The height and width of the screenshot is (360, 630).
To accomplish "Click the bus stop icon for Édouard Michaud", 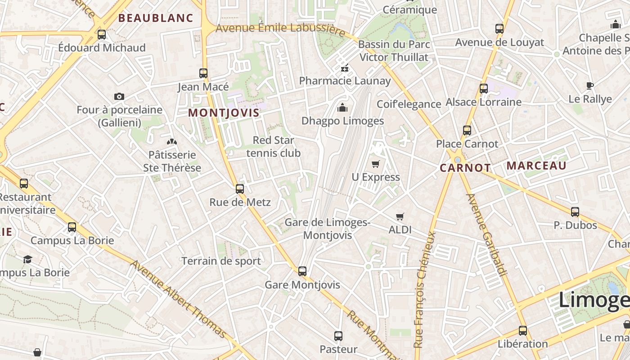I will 102,34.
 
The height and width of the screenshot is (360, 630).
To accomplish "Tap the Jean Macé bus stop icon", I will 203,73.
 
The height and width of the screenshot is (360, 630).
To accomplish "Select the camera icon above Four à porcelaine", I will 119,96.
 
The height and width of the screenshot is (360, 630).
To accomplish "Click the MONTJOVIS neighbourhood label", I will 224,112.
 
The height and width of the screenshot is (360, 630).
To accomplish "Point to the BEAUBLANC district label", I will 156,18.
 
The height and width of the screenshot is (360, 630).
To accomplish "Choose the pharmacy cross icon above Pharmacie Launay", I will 345,68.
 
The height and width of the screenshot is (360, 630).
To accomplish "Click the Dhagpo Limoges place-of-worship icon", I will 342,108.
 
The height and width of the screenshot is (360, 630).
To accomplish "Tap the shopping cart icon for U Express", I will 376,164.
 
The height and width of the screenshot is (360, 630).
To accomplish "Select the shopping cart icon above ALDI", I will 400,216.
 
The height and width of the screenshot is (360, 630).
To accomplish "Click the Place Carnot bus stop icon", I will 467,130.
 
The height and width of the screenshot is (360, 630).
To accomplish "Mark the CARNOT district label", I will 465,168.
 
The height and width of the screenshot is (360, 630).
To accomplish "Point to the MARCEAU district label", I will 536,166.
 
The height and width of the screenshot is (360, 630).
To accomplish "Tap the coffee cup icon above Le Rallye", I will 590,85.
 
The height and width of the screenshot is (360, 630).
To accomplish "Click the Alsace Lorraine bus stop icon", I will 484,89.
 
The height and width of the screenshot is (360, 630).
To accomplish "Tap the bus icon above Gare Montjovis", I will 302,271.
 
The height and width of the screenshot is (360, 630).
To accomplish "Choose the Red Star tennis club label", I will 273,147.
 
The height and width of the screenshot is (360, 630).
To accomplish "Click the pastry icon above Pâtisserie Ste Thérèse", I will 172,142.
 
